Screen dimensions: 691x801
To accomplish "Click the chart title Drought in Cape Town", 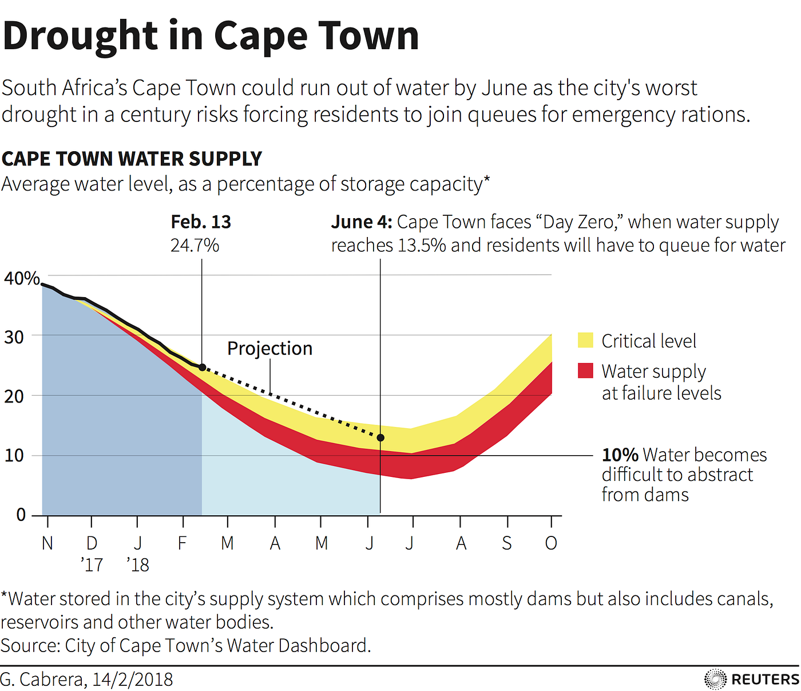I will pyautogui.click(x=211, y=35).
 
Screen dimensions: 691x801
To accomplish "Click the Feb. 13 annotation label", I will pyautogui.click(x=201, y=222).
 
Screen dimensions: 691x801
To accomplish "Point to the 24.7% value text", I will pyautogui.click(x=195, y=246).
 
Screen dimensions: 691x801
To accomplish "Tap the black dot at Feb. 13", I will pyautogui.click(x=202, y=367).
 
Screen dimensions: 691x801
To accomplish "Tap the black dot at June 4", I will pyautogui.click(x=380, y=437).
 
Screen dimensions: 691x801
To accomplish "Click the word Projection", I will pyautogui.click(x=269, y=348).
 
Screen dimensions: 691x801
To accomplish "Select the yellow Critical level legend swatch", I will pyautogui.click(x=585, y=340).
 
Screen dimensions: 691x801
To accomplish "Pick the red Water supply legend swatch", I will pyautogui.click(x=585, y=370).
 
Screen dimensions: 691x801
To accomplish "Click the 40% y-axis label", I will pyautogui.click(x=22, y=279).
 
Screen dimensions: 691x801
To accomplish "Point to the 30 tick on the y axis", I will pyautogui.click(x=14, y=337).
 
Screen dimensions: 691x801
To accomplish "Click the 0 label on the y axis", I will pyautogui.click(x=21, y=515).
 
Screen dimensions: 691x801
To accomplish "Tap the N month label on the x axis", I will pyautogui.click(x=47, y=543).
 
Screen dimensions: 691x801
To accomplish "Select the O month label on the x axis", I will pyautogui.click(x=551, y=543).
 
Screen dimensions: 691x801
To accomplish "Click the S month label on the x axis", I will pyautogui.click(x=507, y=543).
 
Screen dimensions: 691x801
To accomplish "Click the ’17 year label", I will pyautogui.click(x=92, y=565).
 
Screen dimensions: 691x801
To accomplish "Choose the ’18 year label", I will pyautogui.click(x=138, y=565).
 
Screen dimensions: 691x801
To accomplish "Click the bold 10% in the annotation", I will pyautogui.click(x=620, y=455).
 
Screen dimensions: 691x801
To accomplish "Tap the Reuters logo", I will pyautogui.click(x=751, y=679).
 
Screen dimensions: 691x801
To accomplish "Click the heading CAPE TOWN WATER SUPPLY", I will pyautogui.click(x=132, y=159).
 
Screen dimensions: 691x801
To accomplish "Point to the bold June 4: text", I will pyautogui.click(x=362, y=222).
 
